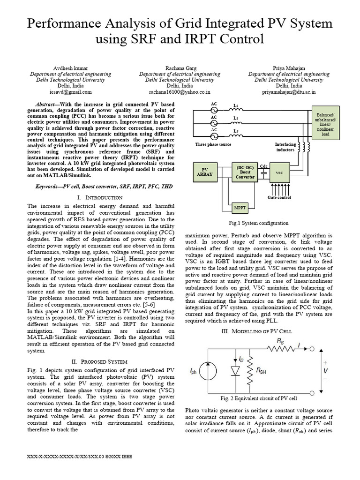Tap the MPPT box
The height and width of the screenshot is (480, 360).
pyautogui.click(x=238, y=207)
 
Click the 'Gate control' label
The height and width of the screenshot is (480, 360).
pyautogui.click(x=279, y=197)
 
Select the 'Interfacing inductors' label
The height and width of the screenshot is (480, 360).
pyautogui.click(x=285, y=147)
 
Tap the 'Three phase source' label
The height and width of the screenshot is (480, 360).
pyautogui.click(x=213, y=144)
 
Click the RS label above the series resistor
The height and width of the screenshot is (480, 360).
pyautogui.click(x=280, y=342)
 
